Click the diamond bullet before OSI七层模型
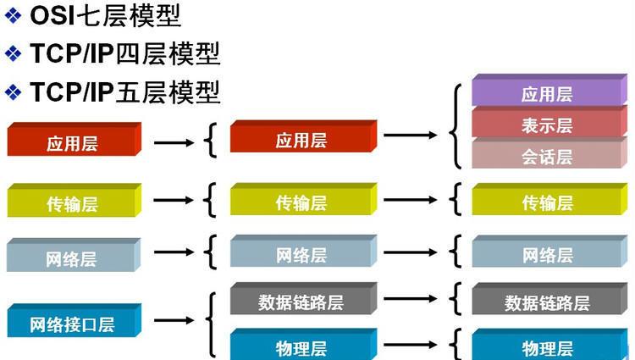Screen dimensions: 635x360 (13, 16)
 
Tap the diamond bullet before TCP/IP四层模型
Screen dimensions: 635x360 (13, 53)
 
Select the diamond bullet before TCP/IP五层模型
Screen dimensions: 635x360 (13, 92)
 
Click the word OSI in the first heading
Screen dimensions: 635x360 (52, 16)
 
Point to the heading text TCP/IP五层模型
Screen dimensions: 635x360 (125, 92)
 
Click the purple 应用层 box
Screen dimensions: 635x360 (549, 91)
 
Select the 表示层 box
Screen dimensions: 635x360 (549, 122)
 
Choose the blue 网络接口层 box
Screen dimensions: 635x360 (75, 320)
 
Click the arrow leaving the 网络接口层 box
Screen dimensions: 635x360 (174, 320)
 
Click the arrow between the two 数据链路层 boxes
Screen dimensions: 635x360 (411, 299)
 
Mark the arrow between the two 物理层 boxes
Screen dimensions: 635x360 (411, 345)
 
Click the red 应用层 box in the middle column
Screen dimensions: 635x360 (303, 136)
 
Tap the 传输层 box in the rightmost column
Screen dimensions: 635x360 (549, 199)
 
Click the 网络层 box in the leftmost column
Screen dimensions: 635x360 (74, 255)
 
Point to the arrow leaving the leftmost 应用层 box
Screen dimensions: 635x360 (174, 142)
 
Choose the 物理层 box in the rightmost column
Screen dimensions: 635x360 (549, 344)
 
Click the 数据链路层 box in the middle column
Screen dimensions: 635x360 (303, 299)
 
